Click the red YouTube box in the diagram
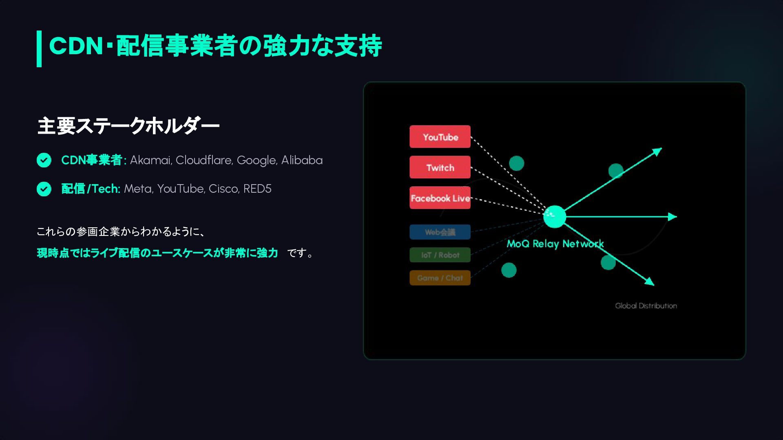(440, 136)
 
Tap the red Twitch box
(440, 167)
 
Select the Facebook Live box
(440, 198)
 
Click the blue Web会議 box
(440, 232)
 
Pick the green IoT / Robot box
(440, 255)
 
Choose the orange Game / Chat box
(440, 278)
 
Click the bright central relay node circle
(555, 216)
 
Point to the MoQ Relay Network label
(555, 244)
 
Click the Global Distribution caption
(646, 306)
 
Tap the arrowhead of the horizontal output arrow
(672, 217)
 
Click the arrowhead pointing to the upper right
(657, 152)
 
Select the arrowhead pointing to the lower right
(650, 282)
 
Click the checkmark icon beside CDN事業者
(44, 160)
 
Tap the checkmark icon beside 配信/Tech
(44, 189)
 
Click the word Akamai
(150, 160)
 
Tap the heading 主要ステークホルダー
(128, 126)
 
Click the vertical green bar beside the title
(39, 48)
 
